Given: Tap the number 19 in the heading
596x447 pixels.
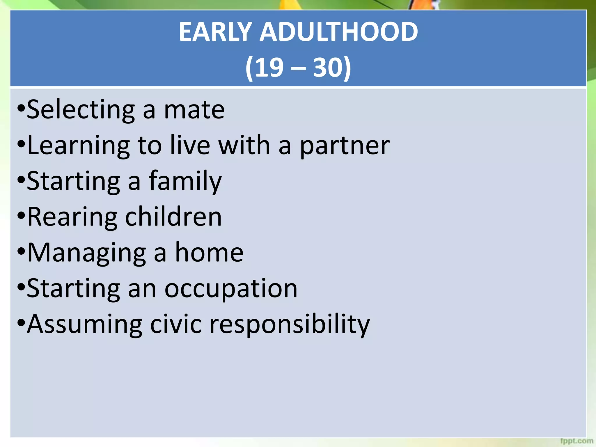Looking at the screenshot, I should point(269,68).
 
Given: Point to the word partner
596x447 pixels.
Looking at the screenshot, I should point(345,146).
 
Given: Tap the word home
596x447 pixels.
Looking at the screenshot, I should point(209,253).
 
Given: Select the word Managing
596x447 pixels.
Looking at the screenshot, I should point(87,253).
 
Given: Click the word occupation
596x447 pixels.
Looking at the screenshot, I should point(231,288).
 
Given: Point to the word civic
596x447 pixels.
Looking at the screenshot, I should point(176,324).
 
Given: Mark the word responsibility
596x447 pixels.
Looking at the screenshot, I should point(290,324).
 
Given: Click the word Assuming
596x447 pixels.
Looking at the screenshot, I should point(85,324).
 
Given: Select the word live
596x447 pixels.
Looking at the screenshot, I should point(190,146).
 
